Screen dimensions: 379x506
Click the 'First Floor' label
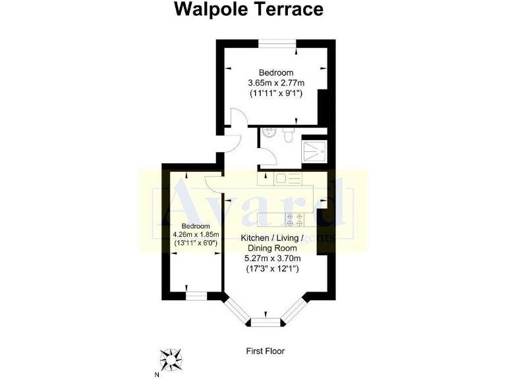pyautogui.click(x=266, y=351)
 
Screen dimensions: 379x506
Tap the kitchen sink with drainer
pyautogui.click(x=288, y=178)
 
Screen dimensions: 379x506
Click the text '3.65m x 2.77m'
pyautogui.click(x=275, y=83)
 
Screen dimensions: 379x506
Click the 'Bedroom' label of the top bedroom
pyautogui.click(x=275, y=72)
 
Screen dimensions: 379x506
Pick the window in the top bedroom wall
pyautogui.click(x=277, y=44)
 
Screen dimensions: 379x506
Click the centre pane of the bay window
pyautogui.click(x=266, y=322)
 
